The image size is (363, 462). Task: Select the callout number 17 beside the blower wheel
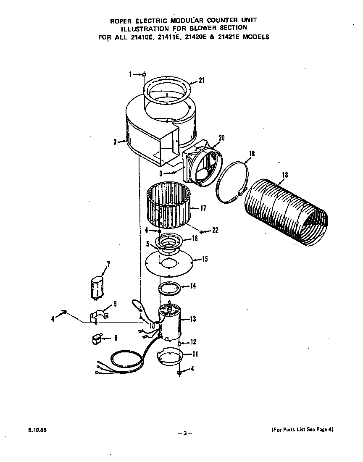203,208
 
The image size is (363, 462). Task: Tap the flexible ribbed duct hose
286,212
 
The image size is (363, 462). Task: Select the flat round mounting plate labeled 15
168,264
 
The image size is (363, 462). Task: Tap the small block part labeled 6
98,338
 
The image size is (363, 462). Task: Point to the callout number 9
115,304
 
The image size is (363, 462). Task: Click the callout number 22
215,230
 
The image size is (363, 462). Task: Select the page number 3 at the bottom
184,433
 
